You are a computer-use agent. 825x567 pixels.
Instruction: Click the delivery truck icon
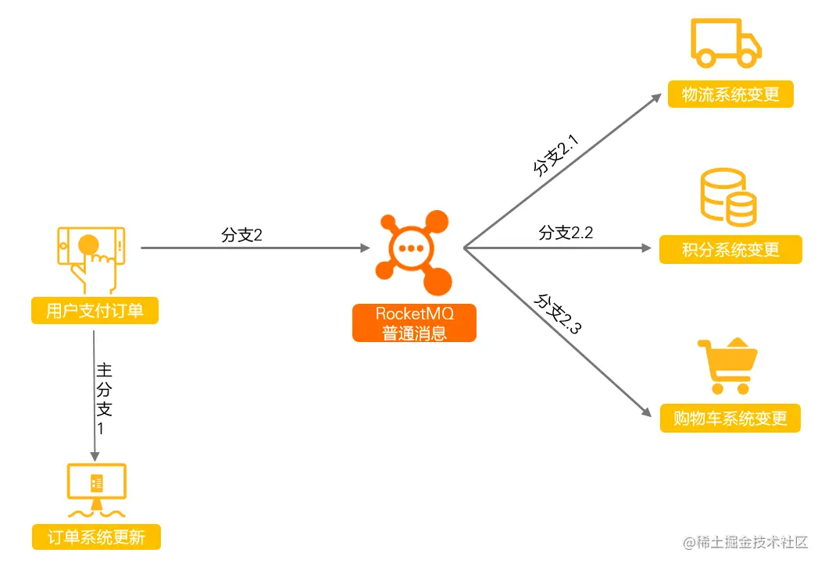[726, 44]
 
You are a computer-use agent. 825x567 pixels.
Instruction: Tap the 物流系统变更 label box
[730, 94]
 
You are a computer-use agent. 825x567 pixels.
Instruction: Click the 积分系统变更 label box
[730, 250]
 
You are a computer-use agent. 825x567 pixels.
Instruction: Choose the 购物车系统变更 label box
[730, 418]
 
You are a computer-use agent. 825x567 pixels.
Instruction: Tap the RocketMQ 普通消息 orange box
[414, 323]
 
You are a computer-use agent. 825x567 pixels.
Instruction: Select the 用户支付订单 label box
[95, 311]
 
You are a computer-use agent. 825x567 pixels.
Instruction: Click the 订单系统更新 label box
[96, 537]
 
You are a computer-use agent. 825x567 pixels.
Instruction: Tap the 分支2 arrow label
[241, 235]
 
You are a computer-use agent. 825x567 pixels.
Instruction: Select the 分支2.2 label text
[566, 233]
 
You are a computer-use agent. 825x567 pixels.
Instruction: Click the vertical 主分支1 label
[105, 398]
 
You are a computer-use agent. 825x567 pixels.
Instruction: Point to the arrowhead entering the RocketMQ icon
[364, 248]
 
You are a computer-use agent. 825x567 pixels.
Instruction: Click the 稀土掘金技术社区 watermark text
[745, 542]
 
